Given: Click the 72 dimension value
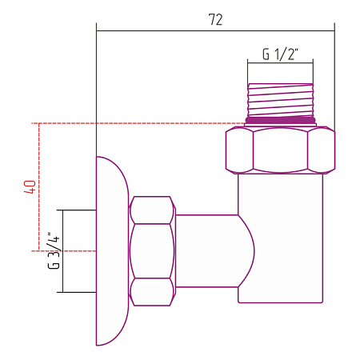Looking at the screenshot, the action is point(215,19).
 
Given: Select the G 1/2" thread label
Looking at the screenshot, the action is point(280,54).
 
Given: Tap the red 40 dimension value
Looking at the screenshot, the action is point(30,187).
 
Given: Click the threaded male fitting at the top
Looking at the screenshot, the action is point(280,100).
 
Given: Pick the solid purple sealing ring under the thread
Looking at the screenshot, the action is point(280,121).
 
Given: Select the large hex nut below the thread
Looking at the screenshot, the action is point(280,150).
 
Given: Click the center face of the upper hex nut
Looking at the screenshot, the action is point(280,150).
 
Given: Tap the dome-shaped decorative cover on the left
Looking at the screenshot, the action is point(112,250).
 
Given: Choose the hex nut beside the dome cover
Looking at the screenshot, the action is point(152,251).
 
